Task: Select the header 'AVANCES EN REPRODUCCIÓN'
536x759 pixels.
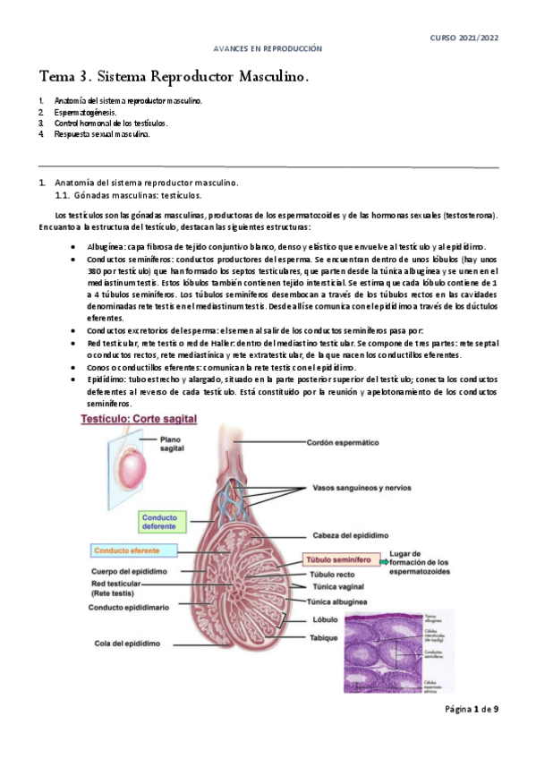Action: [x=268, y=48]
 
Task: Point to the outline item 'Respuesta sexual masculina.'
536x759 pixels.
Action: [x=102, y=134]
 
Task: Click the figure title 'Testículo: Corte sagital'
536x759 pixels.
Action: [x=140, y=418]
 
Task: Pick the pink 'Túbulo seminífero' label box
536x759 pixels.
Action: [x=340, y=558]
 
